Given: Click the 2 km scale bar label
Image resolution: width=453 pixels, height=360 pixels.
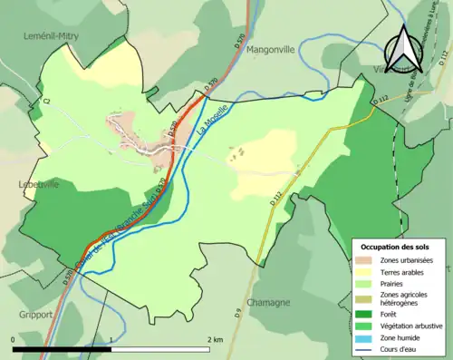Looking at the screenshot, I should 215,339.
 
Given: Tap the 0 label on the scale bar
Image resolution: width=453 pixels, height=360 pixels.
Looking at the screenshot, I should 13,339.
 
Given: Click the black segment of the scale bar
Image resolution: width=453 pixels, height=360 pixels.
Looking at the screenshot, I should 63,349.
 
